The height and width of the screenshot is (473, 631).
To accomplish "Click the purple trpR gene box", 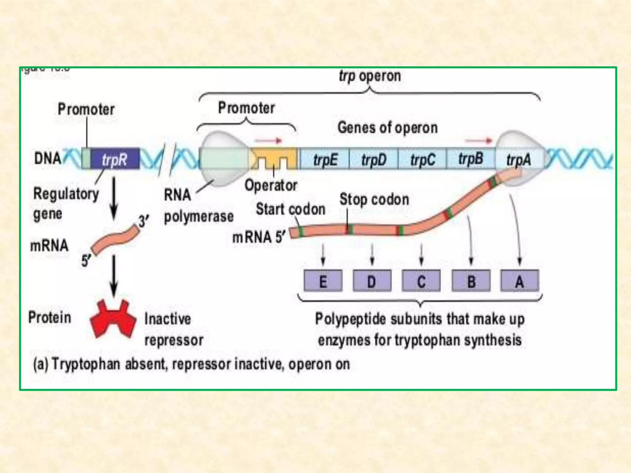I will tap(115, 159).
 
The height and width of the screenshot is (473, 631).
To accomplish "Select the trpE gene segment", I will tap(325, 159).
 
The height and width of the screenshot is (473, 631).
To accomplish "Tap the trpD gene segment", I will tap(373, 159).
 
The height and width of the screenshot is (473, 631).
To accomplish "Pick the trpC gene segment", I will tap(422, 159).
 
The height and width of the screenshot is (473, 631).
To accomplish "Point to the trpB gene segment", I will tap(470, 158).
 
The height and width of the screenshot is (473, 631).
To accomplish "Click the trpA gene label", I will tap(519, 160).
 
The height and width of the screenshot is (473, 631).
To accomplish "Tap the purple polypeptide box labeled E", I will tap(323, 281).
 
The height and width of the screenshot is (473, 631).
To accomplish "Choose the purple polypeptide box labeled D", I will tap(372, 281).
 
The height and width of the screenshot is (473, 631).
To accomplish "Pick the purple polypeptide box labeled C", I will tap(421, 281).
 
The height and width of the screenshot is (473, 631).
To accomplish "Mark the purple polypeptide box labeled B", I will tap(471, 281).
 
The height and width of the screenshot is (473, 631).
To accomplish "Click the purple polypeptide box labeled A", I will tap(520, 281).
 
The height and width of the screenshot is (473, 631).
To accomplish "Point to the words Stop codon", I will tap(374, 200).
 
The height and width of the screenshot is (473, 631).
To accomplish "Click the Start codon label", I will tap(291, 209).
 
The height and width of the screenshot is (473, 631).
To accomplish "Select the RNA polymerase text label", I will tap(198, 206).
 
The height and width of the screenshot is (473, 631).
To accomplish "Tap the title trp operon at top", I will tap(370, 76).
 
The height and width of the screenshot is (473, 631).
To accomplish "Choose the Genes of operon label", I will tap(388, 127).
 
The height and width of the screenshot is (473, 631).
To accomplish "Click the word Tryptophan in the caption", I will tap(86, 364).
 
